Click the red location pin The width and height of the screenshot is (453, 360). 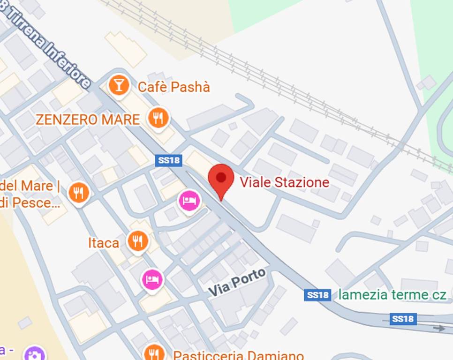(220, 179)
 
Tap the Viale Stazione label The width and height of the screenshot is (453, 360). (284, 182)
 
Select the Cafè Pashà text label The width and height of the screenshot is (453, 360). (174, 87)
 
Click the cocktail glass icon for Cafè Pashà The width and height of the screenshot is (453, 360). (119, 85)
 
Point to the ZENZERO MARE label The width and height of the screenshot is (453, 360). (88, 120)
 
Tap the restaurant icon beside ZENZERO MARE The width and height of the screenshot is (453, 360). (159, 118)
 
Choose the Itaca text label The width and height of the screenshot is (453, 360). (104, 243)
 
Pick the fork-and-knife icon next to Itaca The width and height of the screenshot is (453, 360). (137, 241)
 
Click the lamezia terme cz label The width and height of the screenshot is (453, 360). (392, 294)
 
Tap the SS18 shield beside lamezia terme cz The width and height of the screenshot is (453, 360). (317, 295)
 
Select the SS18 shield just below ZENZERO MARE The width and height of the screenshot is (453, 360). (168, 160)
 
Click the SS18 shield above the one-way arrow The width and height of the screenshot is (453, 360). (403, 319)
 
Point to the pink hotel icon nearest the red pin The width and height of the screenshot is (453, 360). (189, 202)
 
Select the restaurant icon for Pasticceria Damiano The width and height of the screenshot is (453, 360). (154, 353)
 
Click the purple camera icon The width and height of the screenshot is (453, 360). (34, 354)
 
